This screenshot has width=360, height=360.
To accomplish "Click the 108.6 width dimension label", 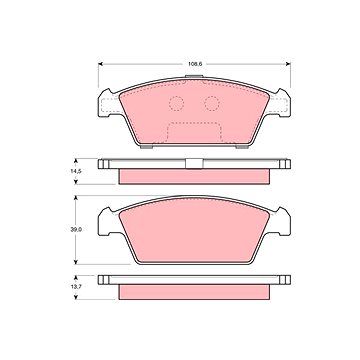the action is coord(195,64).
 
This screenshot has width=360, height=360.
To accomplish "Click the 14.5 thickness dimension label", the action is coord(68,171).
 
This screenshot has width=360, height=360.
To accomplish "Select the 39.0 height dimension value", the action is coord(68,229).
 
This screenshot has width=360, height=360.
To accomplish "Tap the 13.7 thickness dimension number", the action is coord(68,287).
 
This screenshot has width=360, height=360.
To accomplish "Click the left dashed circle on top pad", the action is coord(176,103).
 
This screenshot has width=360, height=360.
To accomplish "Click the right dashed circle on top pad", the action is coord(212,103).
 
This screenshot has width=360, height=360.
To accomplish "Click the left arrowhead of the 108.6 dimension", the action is coord(100,64).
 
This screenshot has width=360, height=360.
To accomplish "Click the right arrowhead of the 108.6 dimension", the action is coord(288,64).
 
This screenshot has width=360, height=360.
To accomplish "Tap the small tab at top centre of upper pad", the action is coord(194,77).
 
